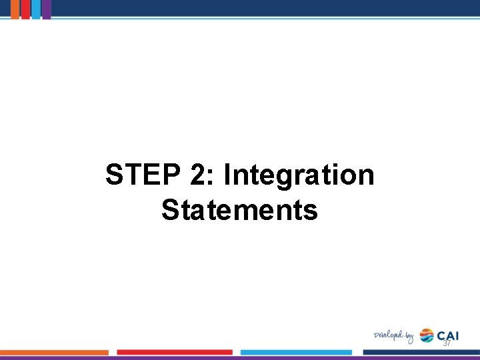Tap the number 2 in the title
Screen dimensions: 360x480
tap(197, 176)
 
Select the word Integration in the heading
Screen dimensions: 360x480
tap(299, 176)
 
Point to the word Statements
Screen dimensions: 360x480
tap(239, 210)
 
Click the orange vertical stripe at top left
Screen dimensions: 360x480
tap(13, 9)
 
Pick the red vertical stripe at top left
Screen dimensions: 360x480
tap(25, 9)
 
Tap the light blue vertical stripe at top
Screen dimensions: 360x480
tap(36, 9)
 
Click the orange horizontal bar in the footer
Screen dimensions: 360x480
tap(54, 352)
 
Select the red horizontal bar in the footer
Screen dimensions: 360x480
tap(175, 352)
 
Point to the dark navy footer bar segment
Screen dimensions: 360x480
tap(421, 352)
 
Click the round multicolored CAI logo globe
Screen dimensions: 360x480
tap(427, 335)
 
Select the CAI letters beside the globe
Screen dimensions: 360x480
tap(448, 335)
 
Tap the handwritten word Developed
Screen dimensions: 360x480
tap(388, 335)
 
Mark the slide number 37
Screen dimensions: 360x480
tap(447, 343)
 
